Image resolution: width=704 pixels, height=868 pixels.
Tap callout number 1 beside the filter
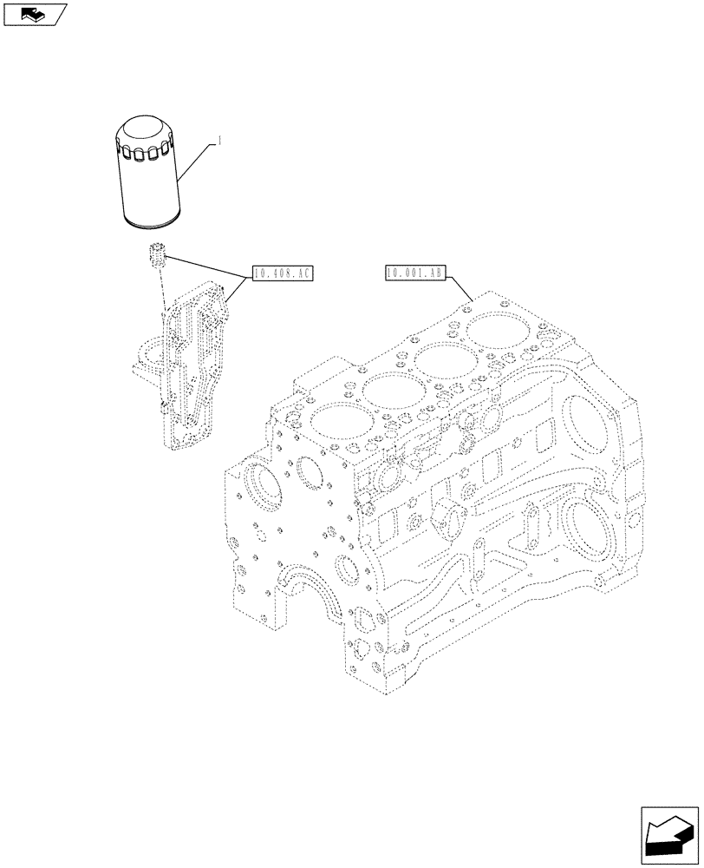point(221,141)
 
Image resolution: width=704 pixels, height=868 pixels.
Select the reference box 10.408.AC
point(282,274)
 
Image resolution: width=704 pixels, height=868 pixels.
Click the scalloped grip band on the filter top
point(147,153)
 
